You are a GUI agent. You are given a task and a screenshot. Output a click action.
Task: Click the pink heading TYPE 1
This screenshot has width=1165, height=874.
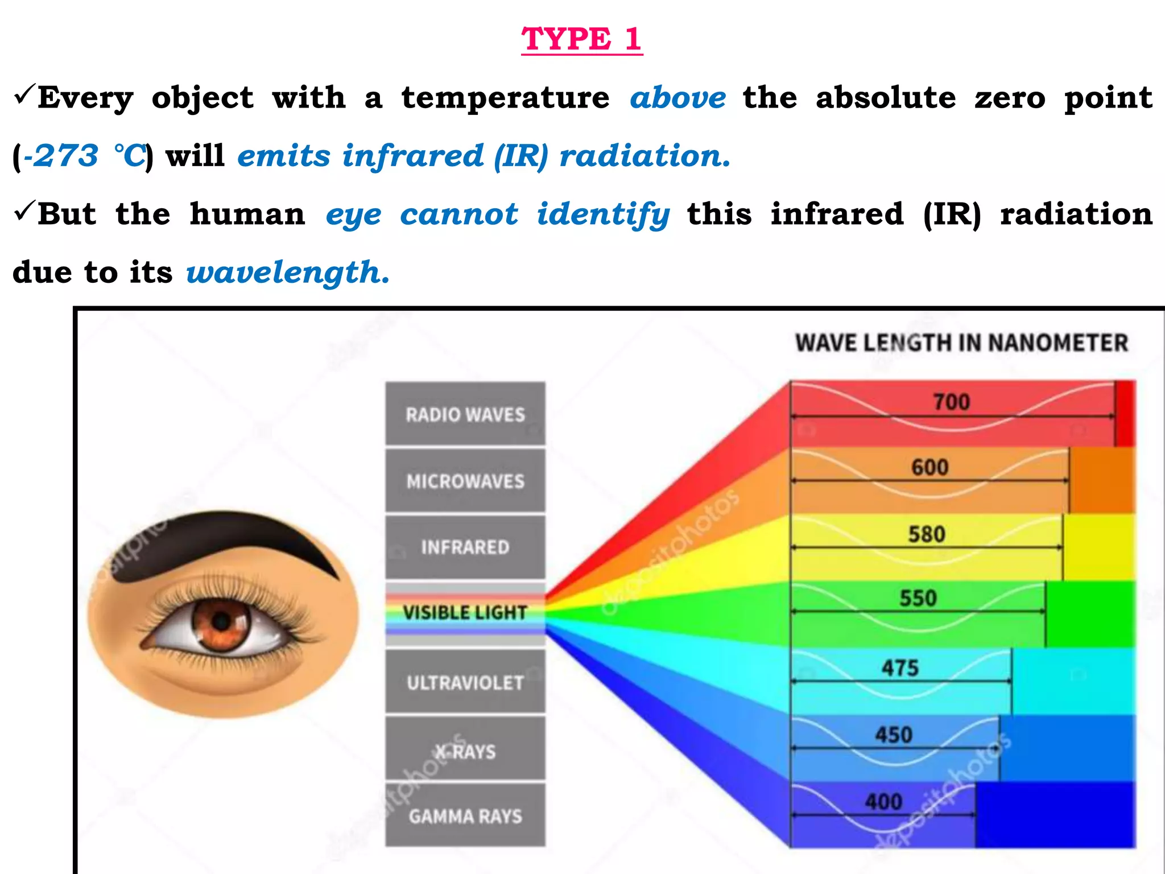pos(581,39)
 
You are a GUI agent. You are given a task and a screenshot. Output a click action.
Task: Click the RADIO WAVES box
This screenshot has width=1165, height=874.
pos(465,414)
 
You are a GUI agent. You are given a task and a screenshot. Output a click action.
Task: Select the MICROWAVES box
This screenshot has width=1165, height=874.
pos(465,481)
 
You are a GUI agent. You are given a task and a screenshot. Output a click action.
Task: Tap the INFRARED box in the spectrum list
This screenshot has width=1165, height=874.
pos(465,547)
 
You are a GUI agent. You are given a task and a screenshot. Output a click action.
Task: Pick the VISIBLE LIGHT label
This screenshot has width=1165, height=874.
pos(465,613)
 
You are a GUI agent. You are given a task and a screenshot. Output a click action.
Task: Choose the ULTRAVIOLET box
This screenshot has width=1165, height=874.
pos(465,682)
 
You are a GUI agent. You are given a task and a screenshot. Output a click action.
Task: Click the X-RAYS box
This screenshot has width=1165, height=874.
pos(465,751)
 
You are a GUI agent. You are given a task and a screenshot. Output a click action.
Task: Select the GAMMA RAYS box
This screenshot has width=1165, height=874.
pos(465,816)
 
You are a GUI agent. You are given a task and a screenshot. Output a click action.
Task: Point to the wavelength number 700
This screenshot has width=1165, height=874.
pos(951,402)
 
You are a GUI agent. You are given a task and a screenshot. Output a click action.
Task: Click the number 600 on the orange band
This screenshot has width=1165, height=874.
pos(929,468)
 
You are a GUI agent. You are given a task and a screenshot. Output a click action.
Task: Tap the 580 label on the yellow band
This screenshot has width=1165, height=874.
pos(927,534)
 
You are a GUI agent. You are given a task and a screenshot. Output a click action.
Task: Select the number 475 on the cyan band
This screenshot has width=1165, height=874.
pos(900,667)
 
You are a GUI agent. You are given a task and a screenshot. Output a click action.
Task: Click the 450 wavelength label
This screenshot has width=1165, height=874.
pos(894,735)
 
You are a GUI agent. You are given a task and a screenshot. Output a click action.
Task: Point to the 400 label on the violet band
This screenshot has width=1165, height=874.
pos(883,802)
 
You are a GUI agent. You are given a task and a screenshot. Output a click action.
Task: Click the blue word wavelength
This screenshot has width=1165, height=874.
pos(288,272)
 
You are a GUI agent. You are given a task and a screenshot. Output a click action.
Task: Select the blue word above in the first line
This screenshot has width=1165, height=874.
pos(677,98)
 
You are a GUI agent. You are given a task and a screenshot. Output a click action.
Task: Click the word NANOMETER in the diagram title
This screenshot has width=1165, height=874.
pos(1057,343)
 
